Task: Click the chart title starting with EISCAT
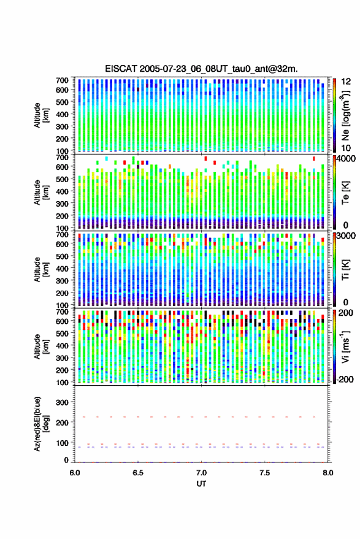(201, 69)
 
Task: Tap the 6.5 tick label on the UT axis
(138, 473)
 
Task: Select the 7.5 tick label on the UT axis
(265, 473)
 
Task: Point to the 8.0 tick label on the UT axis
(328, 473)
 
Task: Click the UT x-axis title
(201, 484)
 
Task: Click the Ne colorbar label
(345, 115)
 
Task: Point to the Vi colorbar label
(345, 346)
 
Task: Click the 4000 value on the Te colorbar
(346, 159)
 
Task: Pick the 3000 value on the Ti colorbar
(346, 236)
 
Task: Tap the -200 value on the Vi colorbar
(345, 379)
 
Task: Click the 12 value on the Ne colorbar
(346, 82)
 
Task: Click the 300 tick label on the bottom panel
(62, 402)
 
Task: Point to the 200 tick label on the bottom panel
(62, 422)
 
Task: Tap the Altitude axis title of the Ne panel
(41, 115)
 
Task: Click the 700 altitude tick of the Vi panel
(62, 312)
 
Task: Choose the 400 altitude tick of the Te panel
(62, 191)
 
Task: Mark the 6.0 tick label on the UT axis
(75, 473)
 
